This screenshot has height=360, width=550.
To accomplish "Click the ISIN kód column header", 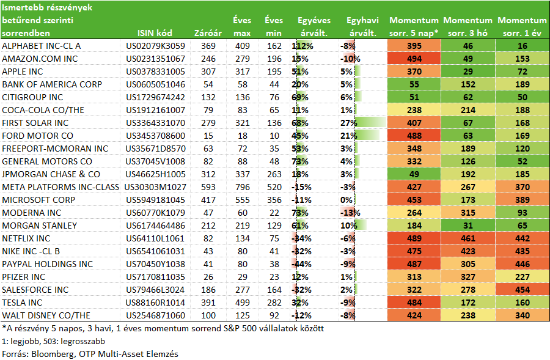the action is point(155,34).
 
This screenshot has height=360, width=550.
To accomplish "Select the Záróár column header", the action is point(208,34).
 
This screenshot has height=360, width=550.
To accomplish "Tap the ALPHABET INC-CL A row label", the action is point(42,46).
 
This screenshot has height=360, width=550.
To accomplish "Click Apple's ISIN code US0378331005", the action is point(155,72).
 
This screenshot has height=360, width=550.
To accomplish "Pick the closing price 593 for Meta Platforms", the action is point(208,188).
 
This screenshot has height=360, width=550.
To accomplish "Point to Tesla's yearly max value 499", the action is point(243,303).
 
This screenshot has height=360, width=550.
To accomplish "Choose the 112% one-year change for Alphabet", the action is point(302,46).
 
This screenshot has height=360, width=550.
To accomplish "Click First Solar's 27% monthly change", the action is point(349,123).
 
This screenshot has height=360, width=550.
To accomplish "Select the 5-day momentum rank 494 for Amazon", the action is point(414,59).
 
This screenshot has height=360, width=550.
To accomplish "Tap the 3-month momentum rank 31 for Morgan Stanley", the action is point(468,226).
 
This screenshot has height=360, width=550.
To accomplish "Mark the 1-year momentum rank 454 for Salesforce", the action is point(522,290).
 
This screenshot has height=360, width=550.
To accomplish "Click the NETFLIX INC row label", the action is point(26,238).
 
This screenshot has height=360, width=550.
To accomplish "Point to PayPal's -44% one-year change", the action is point(301,264).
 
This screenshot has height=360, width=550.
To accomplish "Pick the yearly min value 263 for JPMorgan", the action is point(274,174).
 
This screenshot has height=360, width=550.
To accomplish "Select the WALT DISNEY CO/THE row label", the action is point(46,315).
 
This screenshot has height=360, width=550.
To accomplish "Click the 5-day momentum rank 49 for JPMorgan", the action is point(414,174).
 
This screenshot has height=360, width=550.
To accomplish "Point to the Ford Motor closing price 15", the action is point(208,136).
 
